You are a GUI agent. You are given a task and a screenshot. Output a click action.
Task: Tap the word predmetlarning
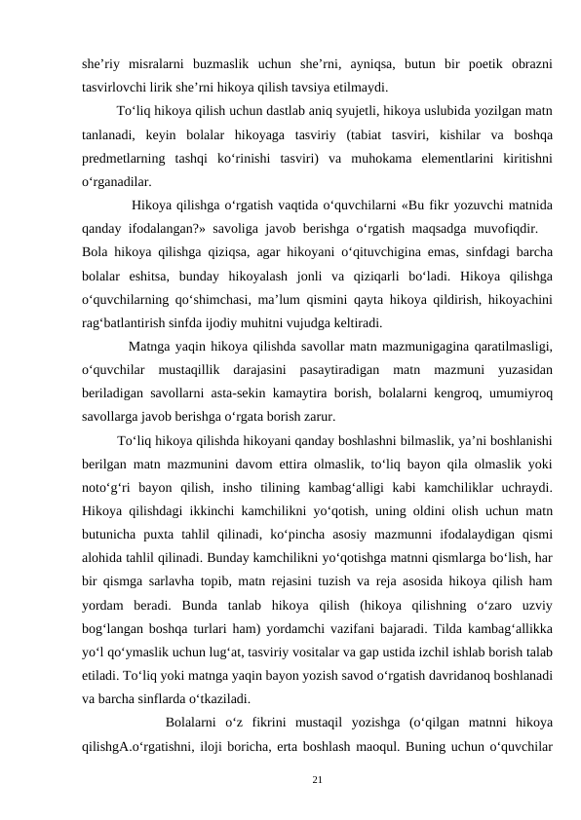pos(119,157)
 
